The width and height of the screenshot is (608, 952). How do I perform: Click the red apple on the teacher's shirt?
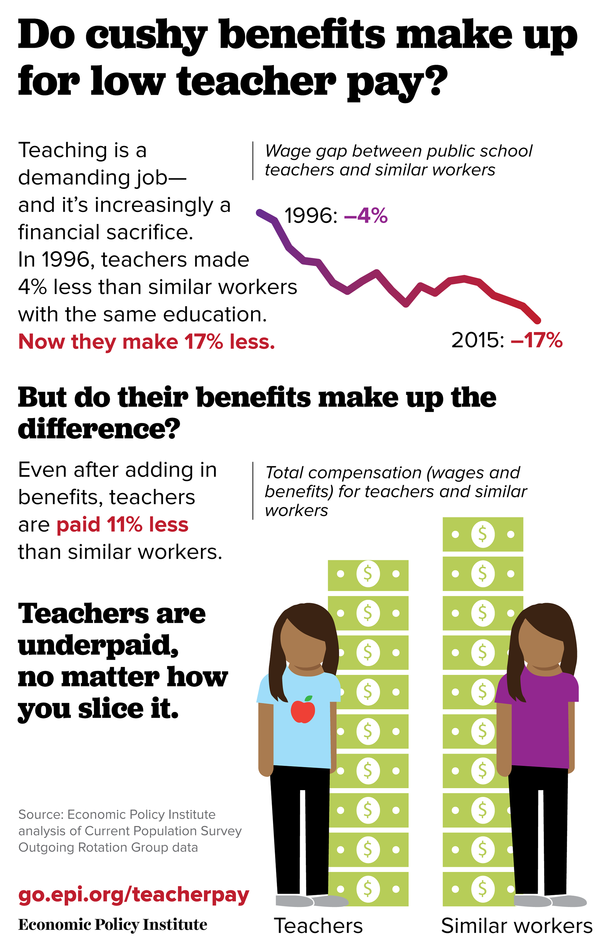[303, 711]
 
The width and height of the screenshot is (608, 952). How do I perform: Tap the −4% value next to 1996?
[366, 216]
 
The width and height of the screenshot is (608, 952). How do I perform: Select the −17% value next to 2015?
[536, 340]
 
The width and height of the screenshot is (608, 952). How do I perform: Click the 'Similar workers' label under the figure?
[516, 925]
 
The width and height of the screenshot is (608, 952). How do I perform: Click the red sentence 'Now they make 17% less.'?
[146, 342]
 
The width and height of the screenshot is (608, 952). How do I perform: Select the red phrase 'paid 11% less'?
[123, 525]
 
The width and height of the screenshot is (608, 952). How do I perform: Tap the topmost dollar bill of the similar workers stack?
[483, 534]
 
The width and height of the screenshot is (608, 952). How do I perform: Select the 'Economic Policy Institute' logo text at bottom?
[113, 925]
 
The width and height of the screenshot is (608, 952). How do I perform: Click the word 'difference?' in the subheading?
[99, 429]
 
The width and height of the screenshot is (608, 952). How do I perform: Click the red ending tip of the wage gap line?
[537, 320]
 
